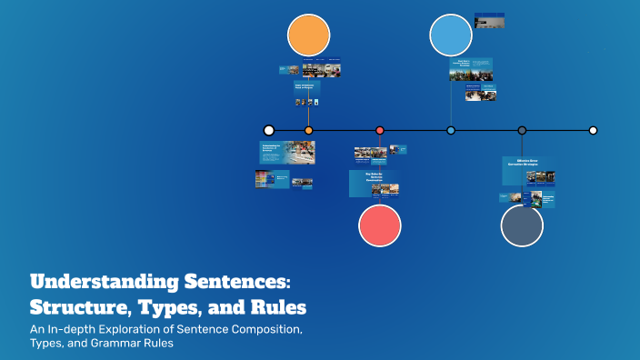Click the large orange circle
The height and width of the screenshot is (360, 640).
(x=308, y=36)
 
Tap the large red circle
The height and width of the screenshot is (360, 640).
(x=380, y=225)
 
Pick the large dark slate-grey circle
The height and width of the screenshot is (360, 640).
(x=522, y=225)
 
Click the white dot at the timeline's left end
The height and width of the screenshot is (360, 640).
(x=268, y=130)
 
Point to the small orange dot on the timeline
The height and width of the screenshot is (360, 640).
(x=308, y=130)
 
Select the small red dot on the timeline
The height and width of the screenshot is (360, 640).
(x=380, y=130)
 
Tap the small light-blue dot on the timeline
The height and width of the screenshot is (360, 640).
(x=451, y=130)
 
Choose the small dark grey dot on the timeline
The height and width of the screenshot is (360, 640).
(x=522, y=130)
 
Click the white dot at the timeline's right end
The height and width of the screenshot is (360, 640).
(x=593, y=130)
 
